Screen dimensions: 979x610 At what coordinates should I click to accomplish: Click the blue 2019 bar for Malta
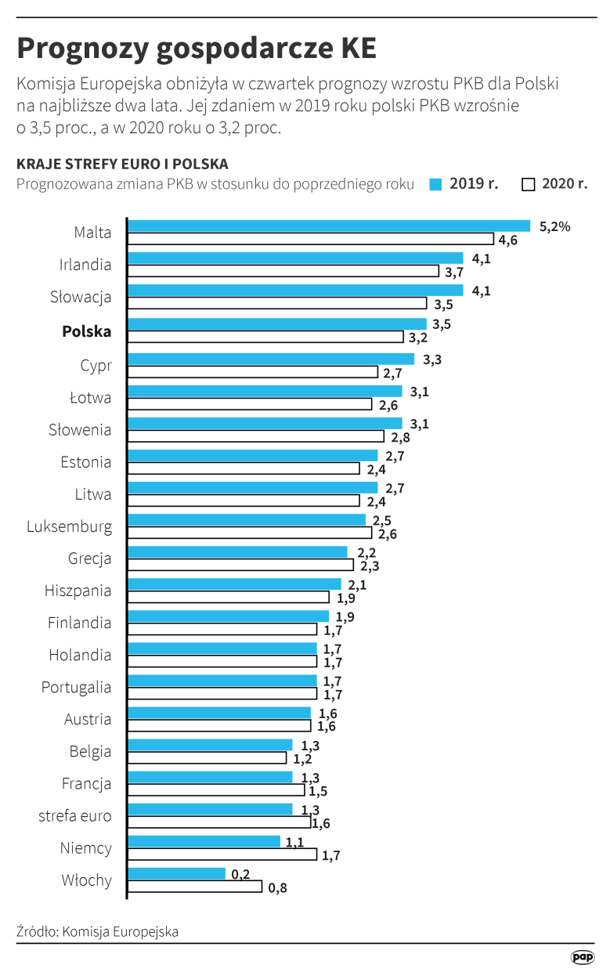coord(329,226)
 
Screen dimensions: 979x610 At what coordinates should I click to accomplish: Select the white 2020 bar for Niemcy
coord(222,854)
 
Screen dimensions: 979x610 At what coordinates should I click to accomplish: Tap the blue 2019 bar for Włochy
coord(177,873)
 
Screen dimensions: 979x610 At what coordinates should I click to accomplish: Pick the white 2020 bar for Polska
coord(265,337)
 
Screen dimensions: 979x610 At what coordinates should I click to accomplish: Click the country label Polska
coord(87,331)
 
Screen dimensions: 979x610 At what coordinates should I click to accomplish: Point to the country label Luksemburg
coord(70,526)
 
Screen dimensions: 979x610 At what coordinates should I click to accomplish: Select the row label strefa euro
coord(75,815)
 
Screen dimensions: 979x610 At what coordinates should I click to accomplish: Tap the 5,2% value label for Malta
coord(554,226)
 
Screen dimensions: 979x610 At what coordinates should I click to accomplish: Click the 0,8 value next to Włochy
coord(278,887)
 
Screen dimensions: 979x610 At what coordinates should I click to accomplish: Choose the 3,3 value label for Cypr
coord(432,359)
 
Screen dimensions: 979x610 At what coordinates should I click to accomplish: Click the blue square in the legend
coord(436,185)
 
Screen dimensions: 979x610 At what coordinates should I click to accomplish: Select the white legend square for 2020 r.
coord(528,185)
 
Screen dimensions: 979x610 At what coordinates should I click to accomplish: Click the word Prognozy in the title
coord(81,49)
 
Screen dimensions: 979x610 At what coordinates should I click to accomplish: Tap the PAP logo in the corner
coord(583,957)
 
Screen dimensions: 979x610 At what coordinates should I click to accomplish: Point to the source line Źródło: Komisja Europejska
coord(97,931)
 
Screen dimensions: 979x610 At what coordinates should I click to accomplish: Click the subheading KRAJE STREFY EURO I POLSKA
coord(122,164)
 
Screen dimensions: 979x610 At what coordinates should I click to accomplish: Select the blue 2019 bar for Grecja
coord(237,552)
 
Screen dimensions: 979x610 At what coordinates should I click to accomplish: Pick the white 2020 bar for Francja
coord(216,790)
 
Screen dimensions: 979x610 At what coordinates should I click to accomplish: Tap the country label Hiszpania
coord(78,591)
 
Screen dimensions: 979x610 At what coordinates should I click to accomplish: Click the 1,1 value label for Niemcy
coord(295,842)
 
